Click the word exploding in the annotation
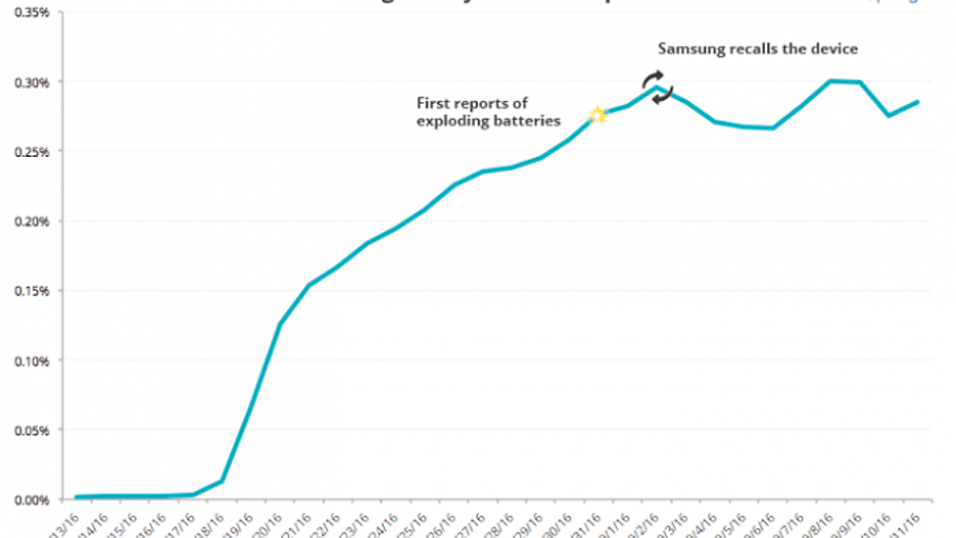pyautogui.click(x=451, y=121)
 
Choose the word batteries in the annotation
pyautogui.click(x=527, y=121)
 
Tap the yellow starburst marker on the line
pyautogui.click(x=598, y=115)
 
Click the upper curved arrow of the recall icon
pyautogui.click(x=654, y=78)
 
